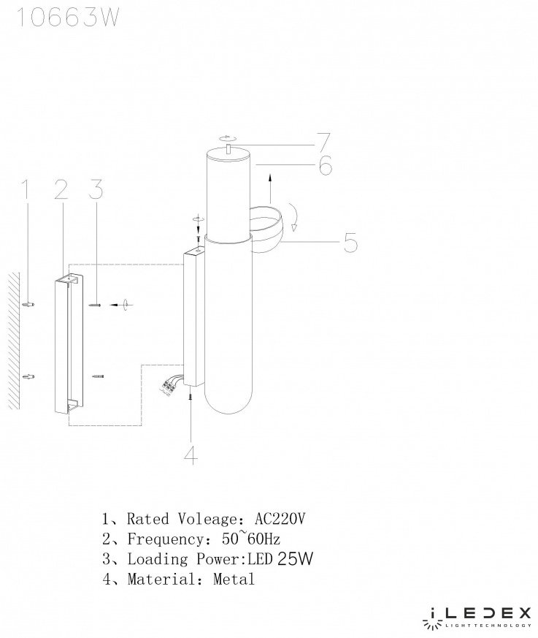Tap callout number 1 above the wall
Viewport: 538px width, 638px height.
pyautogui.click(x=26, y=190)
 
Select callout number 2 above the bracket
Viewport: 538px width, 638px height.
pyautogui.click(x=61, y=190)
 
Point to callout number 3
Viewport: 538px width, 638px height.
pyautogui.click(x=96, y=190)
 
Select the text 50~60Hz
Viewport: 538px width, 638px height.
pyautogui.click(x=250, y=539)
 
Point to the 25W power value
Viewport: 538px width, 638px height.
pyautogui.click(x=295, y=558)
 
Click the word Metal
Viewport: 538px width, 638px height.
pyautogui.click(x=234, y=579)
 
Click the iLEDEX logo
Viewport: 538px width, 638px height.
pyautogui.click(x=477, y=620)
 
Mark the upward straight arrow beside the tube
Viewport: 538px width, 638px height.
pyautogui.click(x=270, y=189)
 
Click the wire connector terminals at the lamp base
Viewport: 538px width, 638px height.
pyautogui.click(x=167, y=386)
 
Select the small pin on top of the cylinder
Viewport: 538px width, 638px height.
pyautogui.click(x=228, y=148)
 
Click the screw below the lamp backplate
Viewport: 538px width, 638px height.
pyautogui.click(x=190, y=397)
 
